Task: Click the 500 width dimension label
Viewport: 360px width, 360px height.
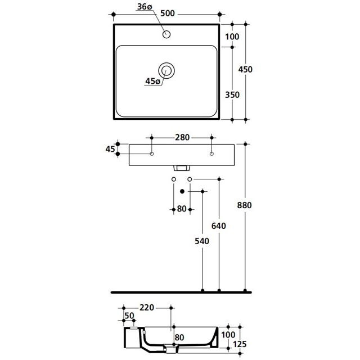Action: (x=168, y=13)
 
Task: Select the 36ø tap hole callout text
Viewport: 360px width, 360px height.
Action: (x=145, y=7)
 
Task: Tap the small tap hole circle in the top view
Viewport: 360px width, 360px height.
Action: (x=166, y=34)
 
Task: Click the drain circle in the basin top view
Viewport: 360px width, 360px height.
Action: (x=166, y=70)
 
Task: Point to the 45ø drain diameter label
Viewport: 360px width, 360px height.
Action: (x=152, y=81)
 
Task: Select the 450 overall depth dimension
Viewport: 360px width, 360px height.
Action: (x=245, y=69)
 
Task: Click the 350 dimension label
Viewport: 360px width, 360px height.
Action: (x=232, y=94)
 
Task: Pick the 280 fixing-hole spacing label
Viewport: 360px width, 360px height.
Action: (x=182, y=137)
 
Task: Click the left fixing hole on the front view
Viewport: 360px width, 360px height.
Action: (x=152, y=154)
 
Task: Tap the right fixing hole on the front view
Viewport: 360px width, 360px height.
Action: (x=211, y=154)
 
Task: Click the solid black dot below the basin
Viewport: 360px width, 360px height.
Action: (x=182, y=191)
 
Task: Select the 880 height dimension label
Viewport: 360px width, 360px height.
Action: (x=245, y=205)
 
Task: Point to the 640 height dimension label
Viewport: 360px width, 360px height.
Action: (x=219, y=226)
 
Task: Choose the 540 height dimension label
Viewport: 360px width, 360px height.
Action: (x=202, y=241)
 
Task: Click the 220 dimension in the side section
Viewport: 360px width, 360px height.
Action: (x=147, y=308)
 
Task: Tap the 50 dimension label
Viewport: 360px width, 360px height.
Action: (x=129, y=316)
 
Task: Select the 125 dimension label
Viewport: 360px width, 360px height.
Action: (x=240, y=344)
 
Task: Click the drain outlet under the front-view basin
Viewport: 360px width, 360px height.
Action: (x=182, y=168)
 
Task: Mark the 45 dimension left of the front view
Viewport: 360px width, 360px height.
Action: (x=110, y=149)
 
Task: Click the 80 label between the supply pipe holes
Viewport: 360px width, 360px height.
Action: (x=182, y=209)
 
